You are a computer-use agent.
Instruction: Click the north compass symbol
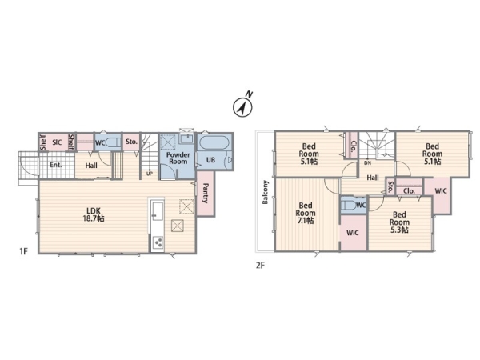coord(242,105)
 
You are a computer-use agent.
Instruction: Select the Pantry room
coord(206,194)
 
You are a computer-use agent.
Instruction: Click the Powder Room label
coord(178,158)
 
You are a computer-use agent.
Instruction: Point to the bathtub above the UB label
coord(214,142)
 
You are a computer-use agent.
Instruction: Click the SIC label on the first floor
coord(57,142)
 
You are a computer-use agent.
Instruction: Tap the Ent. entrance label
coord(56,165)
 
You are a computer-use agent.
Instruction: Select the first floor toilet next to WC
coord(113,143)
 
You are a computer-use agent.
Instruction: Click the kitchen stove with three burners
coord(158,242)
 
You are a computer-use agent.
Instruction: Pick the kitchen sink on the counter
coord(158,211)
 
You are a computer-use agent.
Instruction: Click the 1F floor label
coord(23,252)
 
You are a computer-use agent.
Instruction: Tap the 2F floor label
coord(260,265)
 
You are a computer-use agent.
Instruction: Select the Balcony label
coord(265,192)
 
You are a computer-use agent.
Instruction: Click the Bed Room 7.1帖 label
coord(306,213)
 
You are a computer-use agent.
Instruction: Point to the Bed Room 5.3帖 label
coord(399,222)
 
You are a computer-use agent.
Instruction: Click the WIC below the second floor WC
coord(353,233)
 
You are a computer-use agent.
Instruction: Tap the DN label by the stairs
coord(368,163)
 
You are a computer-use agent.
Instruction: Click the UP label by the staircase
coord(150,174)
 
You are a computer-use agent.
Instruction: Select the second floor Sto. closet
coord(390,186)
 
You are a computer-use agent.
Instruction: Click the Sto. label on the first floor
coord(131,142)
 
